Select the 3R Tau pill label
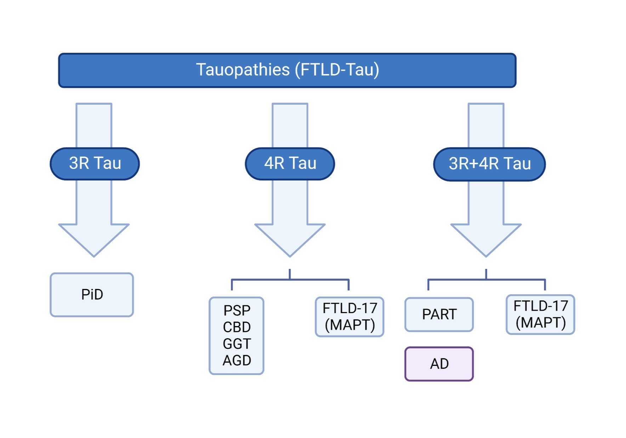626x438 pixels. [95, 163]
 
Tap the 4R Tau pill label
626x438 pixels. [290, 163]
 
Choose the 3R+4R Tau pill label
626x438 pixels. [489, 164]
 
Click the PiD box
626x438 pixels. [92, 294]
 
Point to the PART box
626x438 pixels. [439, 314]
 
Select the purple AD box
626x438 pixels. [439, 364]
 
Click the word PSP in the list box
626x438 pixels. [237, 310]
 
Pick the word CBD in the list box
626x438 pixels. [237, 327]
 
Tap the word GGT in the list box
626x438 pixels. [237, 344]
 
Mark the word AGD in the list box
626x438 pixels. [237, 360]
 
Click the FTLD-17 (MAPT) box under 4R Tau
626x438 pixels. [349, 317]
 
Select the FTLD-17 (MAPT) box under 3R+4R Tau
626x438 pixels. [540, 314]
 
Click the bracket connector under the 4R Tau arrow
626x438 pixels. [290, 279]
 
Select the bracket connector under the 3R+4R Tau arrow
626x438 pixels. [486, 279]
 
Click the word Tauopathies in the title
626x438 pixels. [243, 69]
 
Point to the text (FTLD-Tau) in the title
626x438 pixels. [337, 69]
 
